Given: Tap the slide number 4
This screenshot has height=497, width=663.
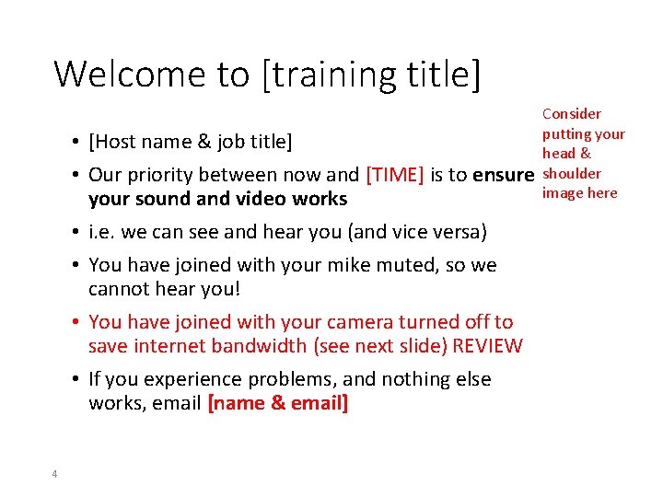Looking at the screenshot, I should (x=54, y=473).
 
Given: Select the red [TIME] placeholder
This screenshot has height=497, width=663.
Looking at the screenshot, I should (x=395, y=175).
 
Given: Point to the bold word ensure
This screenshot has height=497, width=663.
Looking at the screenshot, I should (x=503, y=175).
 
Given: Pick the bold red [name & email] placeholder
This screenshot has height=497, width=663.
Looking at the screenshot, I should (x=278, y=403).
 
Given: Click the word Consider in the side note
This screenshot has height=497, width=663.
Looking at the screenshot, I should (x=571, y=114).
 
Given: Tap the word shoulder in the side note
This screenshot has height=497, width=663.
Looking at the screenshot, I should (x=571, y=173).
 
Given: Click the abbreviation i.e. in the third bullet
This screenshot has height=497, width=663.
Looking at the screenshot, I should (x=100, y=232).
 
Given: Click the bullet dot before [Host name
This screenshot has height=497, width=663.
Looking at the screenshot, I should (x=74, y=143).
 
